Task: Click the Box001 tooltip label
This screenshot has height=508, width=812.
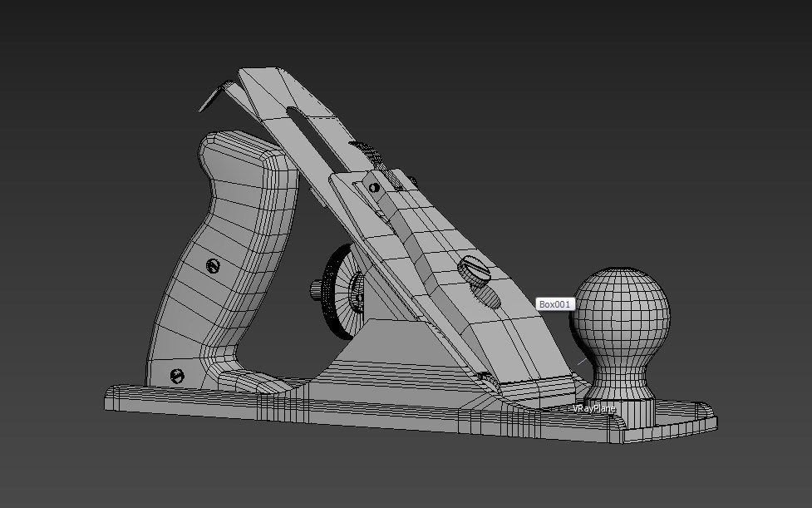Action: coord(556,304)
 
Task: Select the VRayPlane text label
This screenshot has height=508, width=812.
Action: coord(593,409)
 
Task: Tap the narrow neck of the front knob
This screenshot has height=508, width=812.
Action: coord(618,366)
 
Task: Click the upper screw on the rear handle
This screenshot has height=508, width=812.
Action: coord(213,266)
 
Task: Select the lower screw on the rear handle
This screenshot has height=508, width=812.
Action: coord(176,375)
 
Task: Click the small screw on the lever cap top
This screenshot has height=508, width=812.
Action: coord(374,187)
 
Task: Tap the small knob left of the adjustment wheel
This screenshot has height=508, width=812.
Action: coord(317,290)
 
